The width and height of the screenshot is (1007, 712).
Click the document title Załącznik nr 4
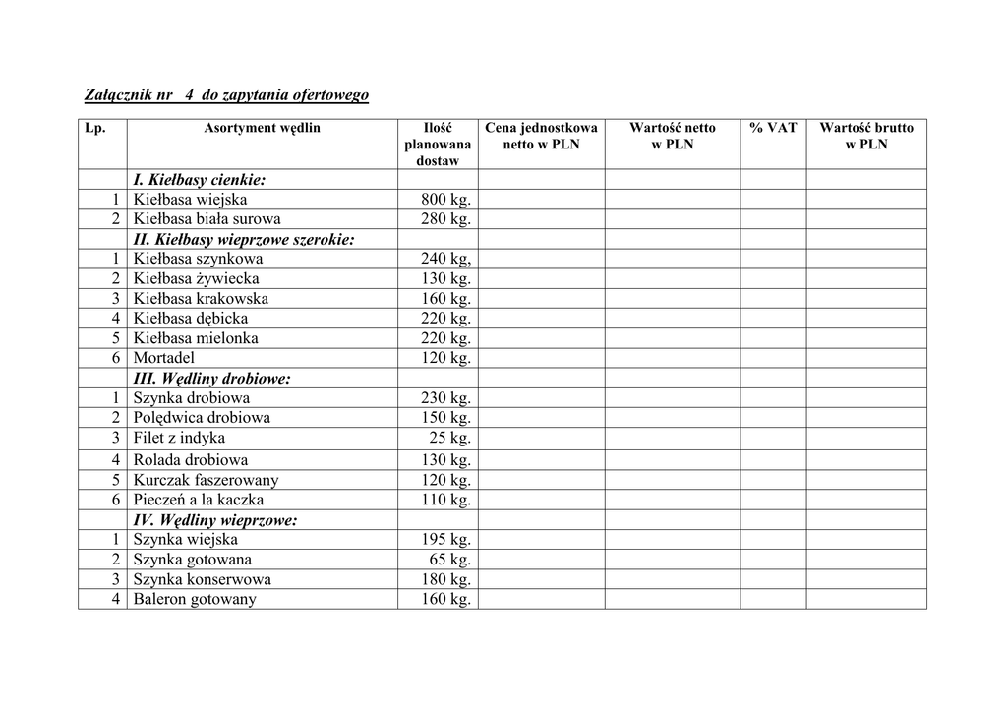(225, 95)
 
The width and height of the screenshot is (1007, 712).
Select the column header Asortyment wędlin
(263, 128)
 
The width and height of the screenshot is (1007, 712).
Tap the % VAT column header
(773, 128)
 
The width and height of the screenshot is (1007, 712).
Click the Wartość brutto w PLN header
(866, 136)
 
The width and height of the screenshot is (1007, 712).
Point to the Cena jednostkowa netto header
(541, 136)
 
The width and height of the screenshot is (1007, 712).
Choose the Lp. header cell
(95, 128)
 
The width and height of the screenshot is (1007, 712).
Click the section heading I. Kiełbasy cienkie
(200, 180)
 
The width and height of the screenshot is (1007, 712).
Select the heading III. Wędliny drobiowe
(211, 379)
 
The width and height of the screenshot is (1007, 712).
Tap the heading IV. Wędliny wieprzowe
(215, 520)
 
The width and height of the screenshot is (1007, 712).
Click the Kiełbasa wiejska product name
(191, 200)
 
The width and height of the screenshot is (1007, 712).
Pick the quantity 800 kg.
(446, 200)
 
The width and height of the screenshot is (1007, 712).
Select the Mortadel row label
(164, 358)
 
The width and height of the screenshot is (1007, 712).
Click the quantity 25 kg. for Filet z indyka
(450, 438)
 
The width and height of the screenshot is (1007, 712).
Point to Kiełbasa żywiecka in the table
(197, 279)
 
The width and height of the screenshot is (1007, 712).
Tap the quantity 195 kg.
(446, 540)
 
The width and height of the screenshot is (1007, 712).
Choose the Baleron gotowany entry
(195, 599)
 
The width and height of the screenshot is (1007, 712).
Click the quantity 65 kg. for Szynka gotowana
(450, 560)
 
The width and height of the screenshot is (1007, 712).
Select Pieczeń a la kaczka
(199, 500)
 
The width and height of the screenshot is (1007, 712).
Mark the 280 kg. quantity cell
(446, 219)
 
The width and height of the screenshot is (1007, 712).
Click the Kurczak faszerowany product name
(207, 480)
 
